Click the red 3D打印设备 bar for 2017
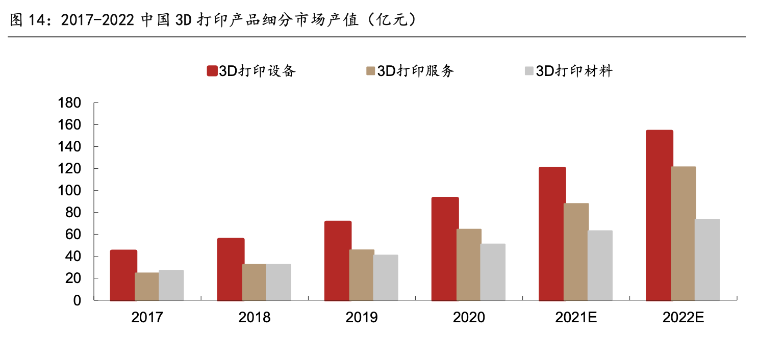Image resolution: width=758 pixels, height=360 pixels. (x=123, y=275)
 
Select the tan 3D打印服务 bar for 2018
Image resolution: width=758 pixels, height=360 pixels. (x=254, y=282)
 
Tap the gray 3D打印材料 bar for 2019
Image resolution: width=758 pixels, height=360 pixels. (x=385, y=277)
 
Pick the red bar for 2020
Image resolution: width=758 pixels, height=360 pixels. (x=445, y=248)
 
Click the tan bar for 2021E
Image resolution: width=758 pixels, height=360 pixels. (x=576, y=251)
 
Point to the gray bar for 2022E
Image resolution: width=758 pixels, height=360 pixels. (x=707, y=260)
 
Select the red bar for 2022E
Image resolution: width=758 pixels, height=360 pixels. (x=659, y=215)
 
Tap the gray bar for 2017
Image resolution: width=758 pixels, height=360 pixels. (x=171, y=285)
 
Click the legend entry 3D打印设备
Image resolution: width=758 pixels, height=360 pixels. (x=251, y=71)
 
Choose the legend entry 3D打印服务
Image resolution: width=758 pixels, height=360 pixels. (x=409, y=71)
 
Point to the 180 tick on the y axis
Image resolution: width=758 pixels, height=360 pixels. (x=70, y=103)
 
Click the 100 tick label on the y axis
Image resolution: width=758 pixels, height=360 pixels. (x=70, y=191)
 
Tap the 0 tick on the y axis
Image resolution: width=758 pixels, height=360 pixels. (x=77, y=300)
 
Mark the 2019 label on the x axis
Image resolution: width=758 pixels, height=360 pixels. (x=361, y=317)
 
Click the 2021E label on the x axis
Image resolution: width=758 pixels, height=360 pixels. (x=576, y=317)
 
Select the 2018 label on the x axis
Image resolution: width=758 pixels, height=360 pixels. (x=254, y=317)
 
